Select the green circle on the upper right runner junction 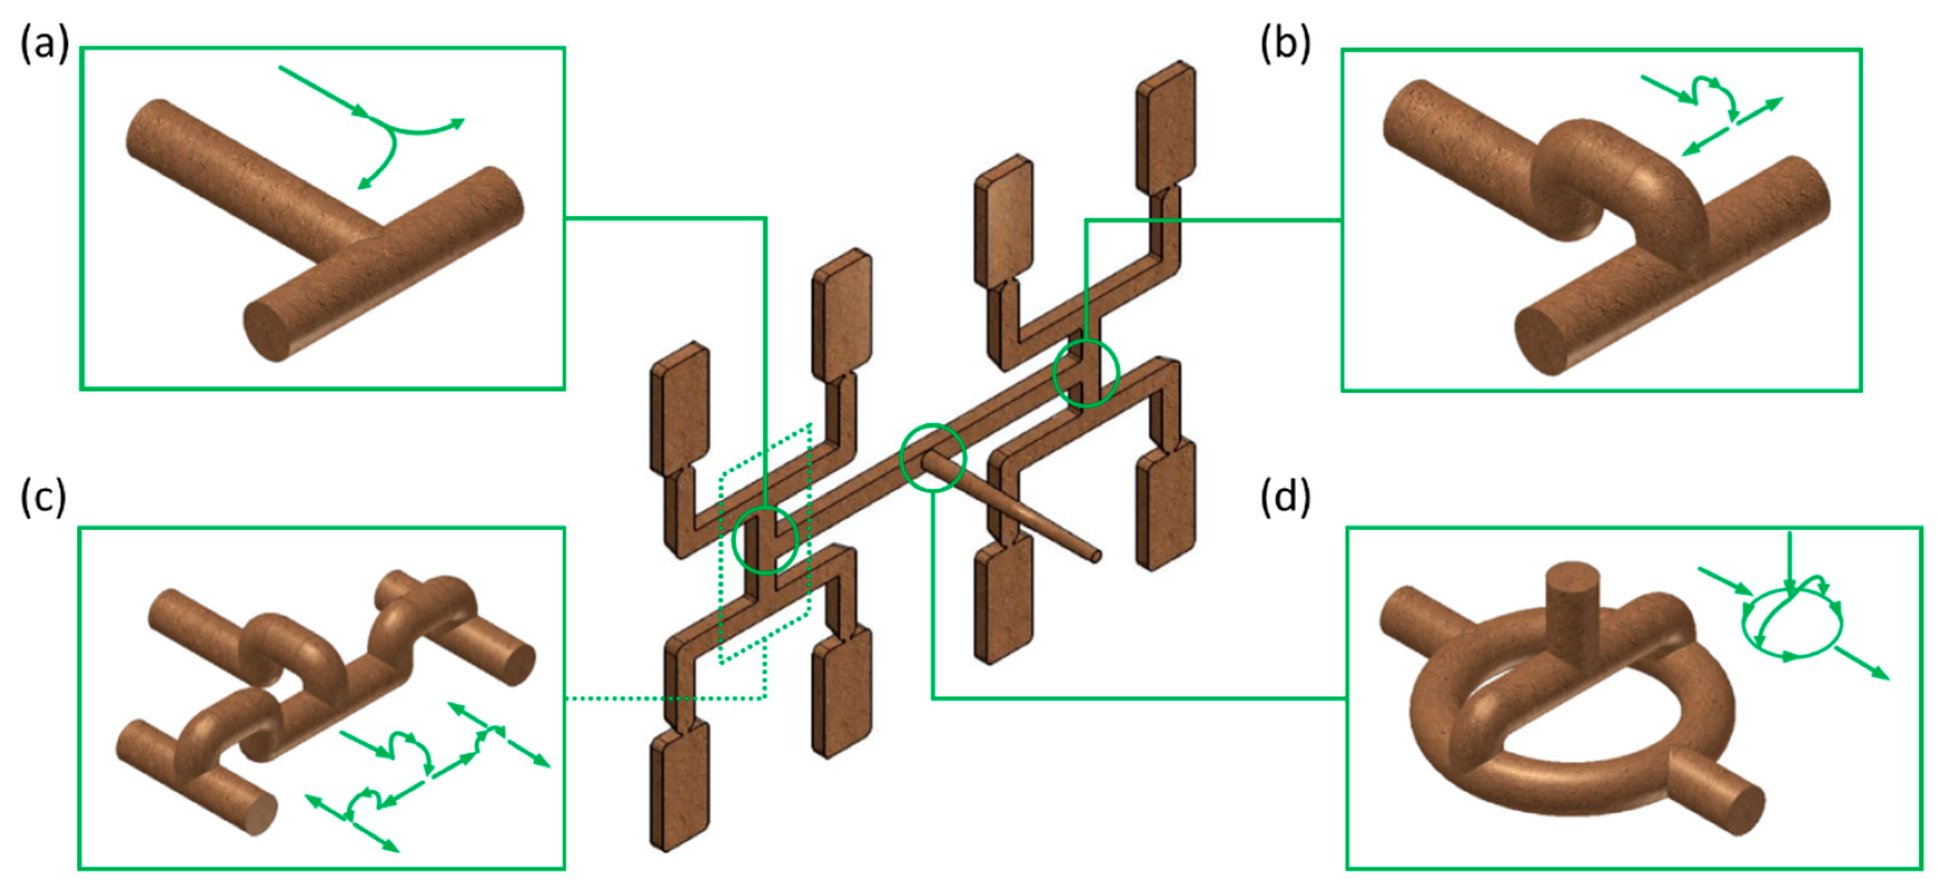tap(1086, 373)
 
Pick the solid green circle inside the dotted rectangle tap(765, 540)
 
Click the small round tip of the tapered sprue tap(1096, 556)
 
